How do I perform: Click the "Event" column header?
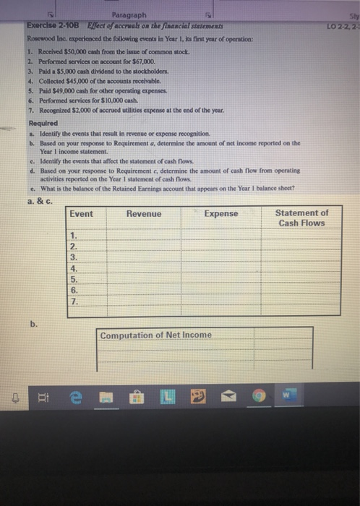(x=82, y=213)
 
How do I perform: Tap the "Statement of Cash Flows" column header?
(x=301, y=218)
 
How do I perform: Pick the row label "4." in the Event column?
(x=74, y=266)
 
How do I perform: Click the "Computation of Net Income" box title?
(x=155, y=335)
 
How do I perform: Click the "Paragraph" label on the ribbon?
(x=134, y=15)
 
